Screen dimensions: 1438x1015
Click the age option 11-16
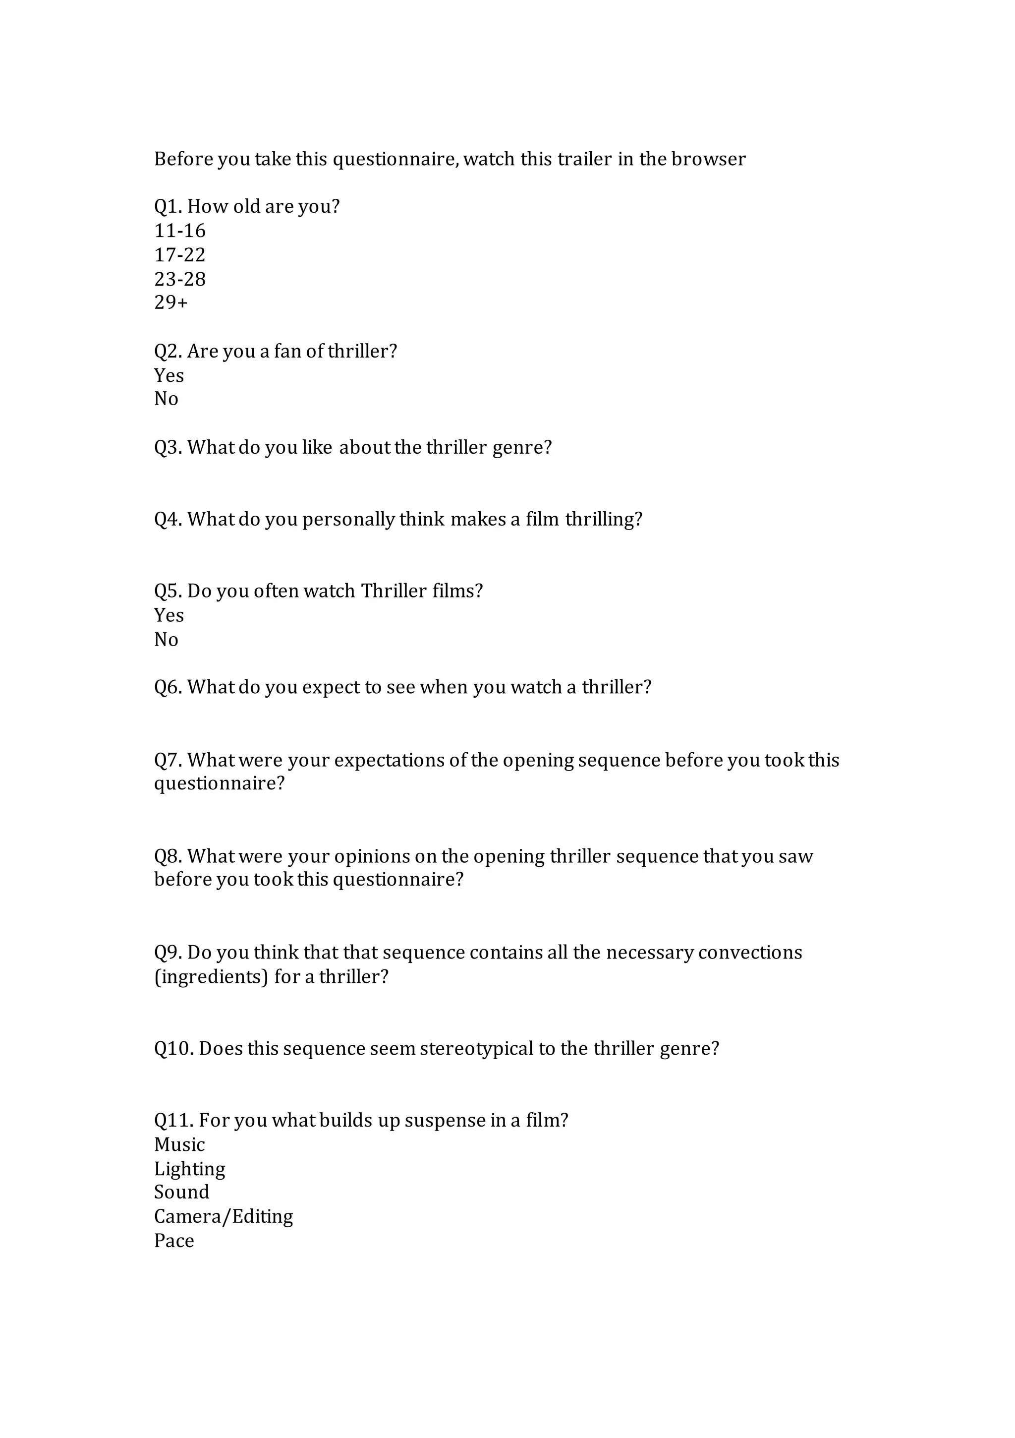click(x=180, y=231)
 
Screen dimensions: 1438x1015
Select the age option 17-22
click(x=180, y=255)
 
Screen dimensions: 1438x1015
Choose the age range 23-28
click(x=180, y=279)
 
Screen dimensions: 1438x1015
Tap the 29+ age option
click(x=171, y=302)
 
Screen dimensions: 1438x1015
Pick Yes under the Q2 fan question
click(x=169, y=375)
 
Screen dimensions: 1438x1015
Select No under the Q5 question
click(x=166, y=640)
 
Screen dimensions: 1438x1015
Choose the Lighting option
click(x=190, y=1169)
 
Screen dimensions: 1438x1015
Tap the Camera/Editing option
click(x=224, y=1216)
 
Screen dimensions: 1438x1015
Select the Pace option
click(x=174, y=1241)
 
